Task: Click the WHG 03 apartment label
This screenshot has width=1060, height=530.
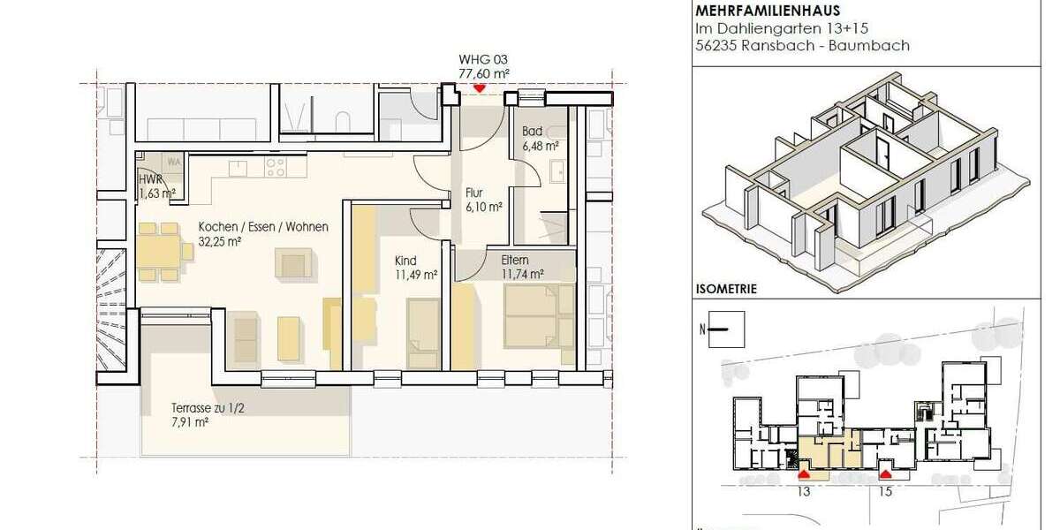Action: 483,60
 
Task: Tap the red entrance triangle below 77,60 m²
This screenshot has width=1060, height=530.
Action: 479,88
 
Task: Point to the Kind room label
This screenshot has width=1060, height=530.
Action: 405,261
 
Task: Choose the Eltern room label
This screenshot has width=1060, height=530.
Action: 515,261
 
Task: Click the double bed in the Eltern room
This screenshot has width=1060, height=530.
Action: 530,315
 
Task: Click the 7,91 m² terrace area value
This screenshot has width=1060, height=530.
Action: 190,422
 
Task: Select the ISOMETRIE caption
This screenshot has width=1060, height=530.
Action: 727,288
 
